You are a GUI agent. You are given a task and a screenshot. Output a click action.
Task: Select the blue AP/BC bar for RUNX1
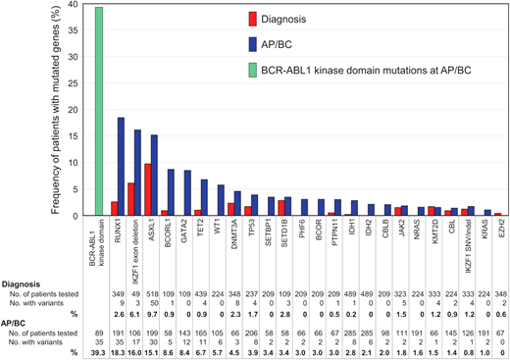point(122,166)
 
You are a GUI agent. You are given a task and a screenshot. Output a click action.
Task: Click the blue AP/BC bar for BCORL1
point(173,192)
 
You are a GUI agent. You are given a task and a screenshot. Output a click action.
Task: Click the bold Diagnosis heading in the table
point(25,257)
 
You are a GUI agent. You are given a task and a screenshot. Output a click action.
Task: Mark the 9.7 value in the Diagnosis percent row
point(151,286)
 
